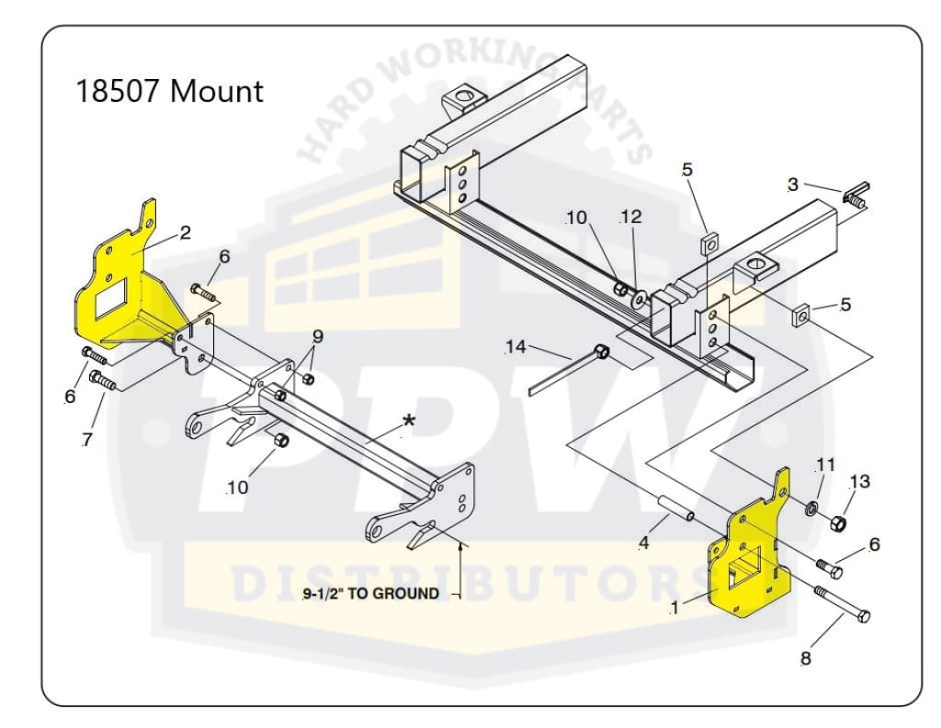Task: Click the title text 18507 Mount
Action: click(x=169, y=91)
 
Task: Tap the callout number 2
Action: click(x=185, y=232)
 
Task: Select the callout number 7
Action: click(x=87, y=440)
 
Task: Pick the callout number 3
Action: click(x=792, y=185)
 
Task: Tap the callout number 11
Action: click(x=826, y=465)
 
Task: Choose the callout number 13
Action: click(x=859, y=481)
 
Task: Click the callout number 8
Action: click(x=806, y=658)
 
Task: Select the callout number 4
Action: click(x=643, y=543)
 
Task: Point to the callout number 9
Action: click(x=318, y=335)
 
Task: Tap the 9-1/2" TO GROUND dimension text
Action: click(x=371, y=593)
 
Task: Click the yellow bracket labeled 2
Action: click(x=119, y=285)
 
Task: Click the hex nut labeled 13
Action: click(x=837, y=524)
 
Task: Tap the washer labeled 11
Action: click(x=812, y=508)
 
